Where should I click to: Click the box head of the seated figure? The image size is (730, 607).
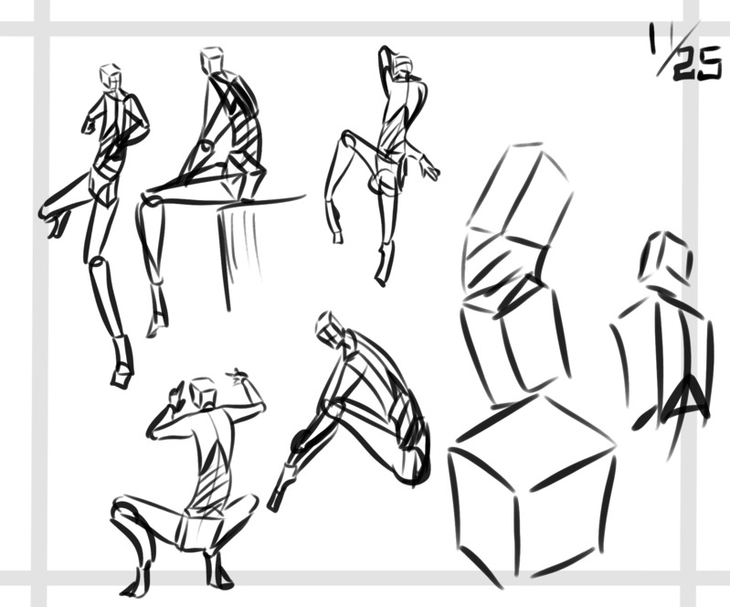[212, 59]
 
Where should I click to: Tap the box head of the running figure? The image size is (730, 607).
[111, 76]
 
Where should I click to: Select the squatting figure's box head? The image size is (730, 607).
[204, 392]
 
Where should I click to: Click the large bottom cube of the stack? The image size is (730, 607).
[531, 489]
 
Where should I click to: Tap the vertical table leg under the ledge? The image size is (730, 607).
[225, 259]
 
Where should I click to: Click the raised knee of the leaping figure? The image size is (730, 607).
[347, 136]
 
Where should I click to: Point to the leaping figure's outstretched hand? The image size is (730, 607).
[429, 168]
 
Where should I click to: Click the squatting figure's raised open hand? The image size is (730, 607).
[238, 376]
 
